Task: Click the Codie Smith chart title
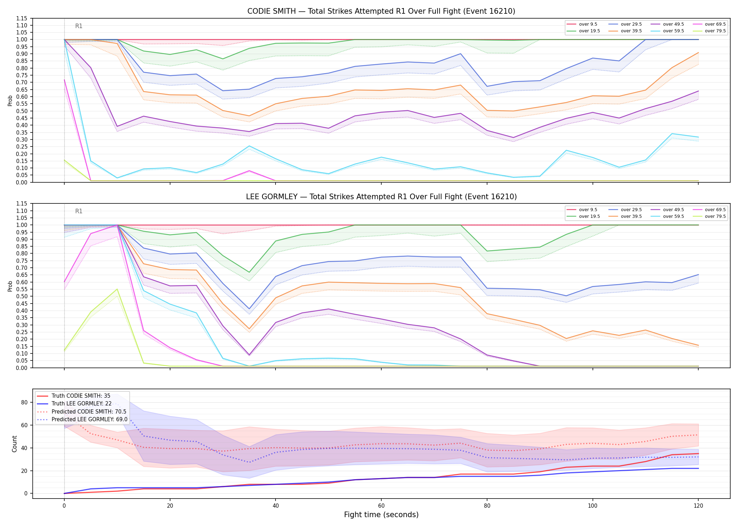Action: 381,11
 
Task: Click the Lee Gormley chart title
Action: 381,197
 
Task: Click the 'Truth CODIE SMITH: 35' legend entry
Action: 73,396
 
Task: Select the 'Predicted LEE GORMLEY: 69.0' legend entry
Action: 82,419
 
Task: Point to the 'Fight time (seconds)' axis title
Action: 381,515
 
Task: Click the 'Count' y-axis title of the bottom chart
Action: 14,444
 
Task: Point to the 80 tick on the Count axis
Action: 24,402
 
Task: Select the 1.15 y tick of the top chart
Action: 21,18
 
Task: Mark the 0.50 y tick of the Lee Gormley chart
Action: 21,297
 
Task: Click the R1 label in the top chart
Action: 79,26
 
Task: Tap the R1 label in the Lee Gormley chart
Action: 79,211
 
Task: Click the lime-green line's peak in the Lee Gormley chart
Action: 117,289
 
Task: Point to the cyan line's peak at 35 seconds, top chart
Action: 249,146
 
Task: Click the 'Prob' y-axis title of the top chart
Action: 10,100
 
